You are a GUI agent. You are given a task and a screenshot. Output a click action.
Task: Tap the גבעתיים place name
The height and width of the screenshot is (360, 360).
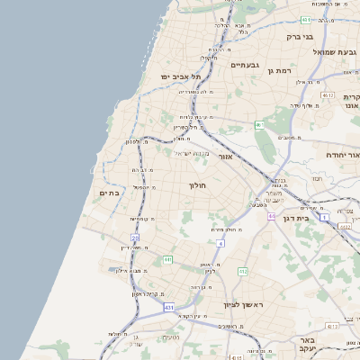[245, 65]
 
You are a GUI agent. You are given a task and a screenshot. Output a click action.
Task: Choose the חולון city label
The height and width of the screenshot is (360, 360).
[197, 185]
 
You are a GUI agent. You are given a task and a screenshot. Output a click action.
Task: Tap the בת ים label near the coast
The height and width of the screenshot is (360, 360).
[108, 193]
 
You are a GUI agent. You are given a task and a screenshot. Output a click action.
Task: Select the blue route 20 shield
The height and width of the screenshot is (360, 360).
[135, 238]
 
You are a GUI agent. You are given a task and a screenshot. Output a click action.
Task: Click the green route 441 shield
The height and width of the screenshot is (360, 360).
[167, 259]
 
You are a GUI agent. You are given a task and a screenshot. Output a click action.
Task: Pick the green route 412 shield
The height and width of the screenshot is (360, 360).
[243, 271]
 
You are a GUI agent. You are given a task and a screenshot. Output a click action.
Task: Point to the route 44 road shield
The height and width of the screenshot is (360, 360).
[271, 217]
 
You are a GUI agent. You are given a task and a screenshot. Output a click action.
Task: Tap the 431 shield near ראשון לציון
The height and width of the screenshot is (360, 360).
[169, 309]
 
